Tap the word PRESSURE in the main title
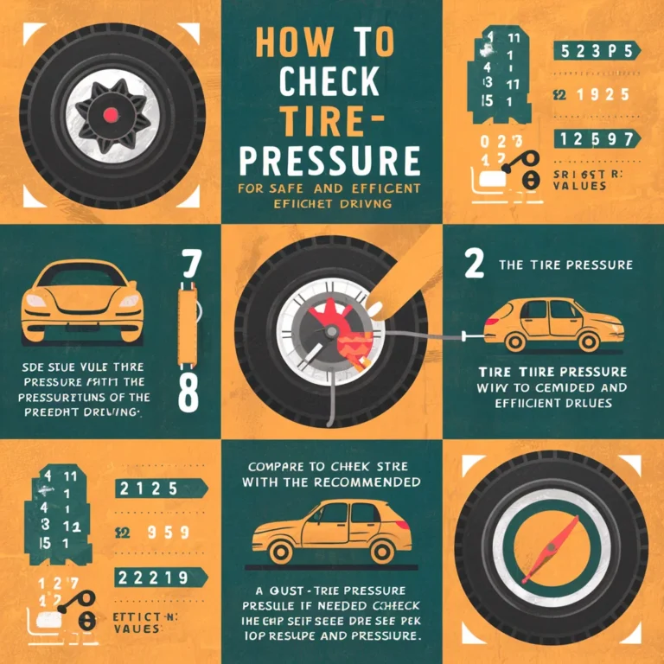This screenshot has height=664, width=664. point(331,162)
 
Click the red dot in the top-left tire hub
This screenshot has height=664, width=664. point(109,114)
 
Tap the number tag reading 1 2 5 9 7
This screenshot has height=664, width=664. point(595,138)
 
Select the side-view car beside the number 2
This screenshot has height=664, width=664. point(553,324)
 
